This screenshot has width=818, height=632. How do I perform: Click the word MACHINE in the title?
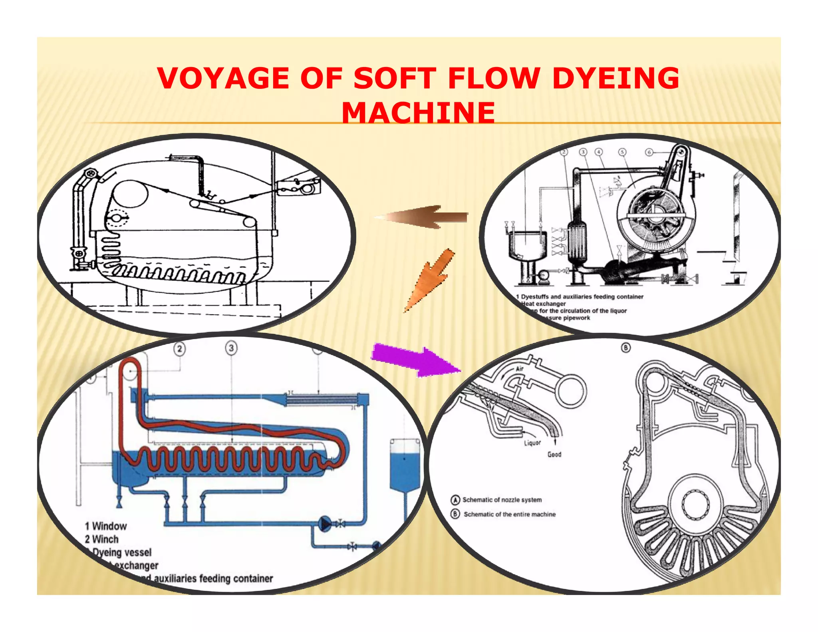(x=418, y=113)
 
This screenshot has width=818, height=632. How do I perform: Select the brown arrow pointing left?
(x=423, y=217)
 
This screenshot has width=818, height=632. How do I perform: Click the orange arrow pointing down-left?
(x=431, y=280)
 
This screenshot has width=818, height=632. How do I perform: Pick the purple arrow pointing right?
(x=415, y=360)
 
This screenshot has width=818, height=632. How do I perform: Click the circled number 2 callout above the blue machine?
(x=180, y=349)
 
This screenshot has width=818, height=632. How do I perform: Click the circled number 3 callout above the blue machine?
(x=231, y=348)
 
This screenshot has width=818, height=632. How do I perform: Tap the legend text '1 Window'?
(x=106, y=526)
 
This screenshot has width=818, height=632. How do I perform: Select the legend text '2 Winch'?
(x=102, y=539)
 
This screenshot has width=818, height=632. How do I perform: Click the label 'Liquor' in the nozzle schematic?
(x=532, y=443)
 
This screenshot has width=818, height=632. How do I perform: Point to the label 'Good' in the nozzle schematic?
(x=554, y=455)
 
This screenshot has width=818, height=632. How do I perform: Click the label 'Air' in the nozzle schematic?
(x=519, y=369)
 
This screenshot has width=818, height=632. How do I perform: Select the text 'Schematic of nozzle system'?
(x=502, y=500)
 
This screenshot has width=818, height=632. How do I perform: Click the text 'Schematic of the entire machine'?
(x=509, y=514)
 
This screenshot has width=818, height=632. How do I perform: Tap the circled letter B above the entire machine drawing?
(x=625, y=348)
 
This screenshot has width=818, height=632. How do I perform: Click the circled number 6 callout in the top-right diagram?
(x=649, y=152)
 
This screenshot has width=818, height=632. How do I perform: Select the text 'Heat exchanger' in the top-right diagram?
(x=544, y=304)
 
